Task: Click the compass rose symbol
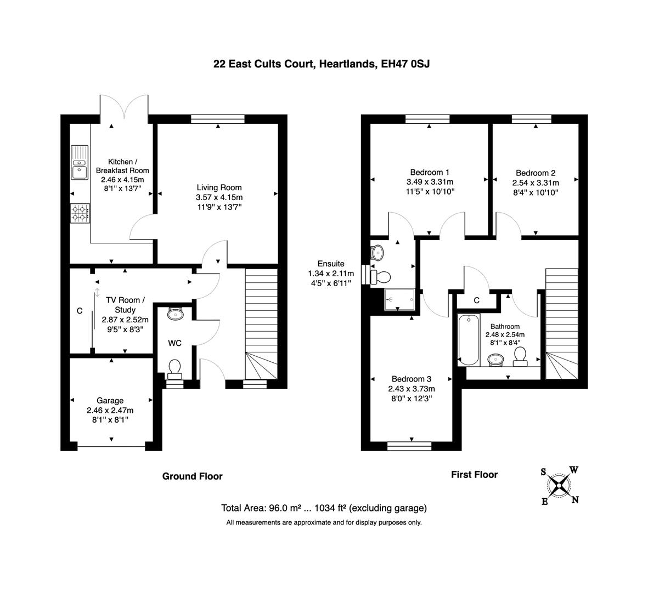(559, 486)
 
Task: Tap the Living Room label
(219, 188)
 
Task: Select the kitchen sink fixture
(80, 162)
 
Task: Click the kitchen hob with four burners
(80, 213)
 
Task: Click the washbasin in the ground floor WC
(175, 314)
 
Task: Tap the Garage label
(110, 401)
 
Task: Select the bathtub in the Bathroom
(469, 340)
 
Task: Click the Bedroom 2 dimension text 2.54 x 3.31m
(536, 183)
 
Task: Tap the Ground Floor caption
(192, 476)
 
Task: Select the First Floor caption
(474, 475)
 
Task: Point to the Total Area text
(324, 508)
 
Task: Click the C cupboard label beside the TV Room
(80, 311)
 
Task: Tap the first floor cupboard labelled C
(476, 300)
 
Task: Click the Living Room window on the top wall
(218, 118)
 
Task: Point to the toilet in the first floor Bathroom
(519, 358)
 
